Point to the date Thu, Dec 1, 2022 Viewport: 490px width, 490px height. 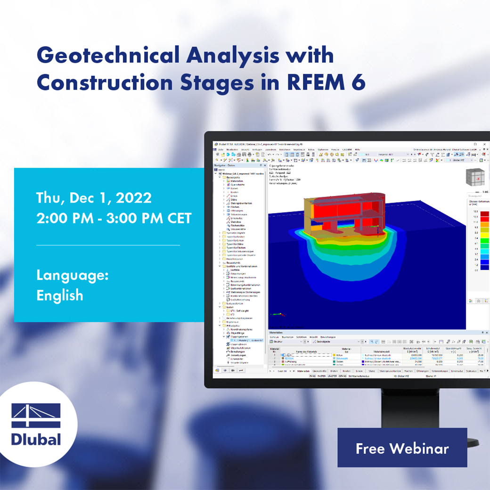coord(94,197)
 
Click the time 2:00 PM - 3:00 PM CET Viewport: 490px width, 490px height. coord(114,218)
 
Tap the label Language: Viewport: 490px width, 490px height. coord(73,275)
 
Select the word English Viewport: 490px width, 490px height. coord(60,295)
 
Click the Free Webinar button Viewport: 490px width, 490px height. coord(402,448)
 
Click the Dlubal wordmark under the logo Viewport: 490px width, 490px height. coord(36,439)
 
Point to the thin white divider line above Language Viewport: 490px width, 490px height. coord(108,245)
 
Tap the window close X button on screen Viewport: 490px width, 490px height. coord(486,144)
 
